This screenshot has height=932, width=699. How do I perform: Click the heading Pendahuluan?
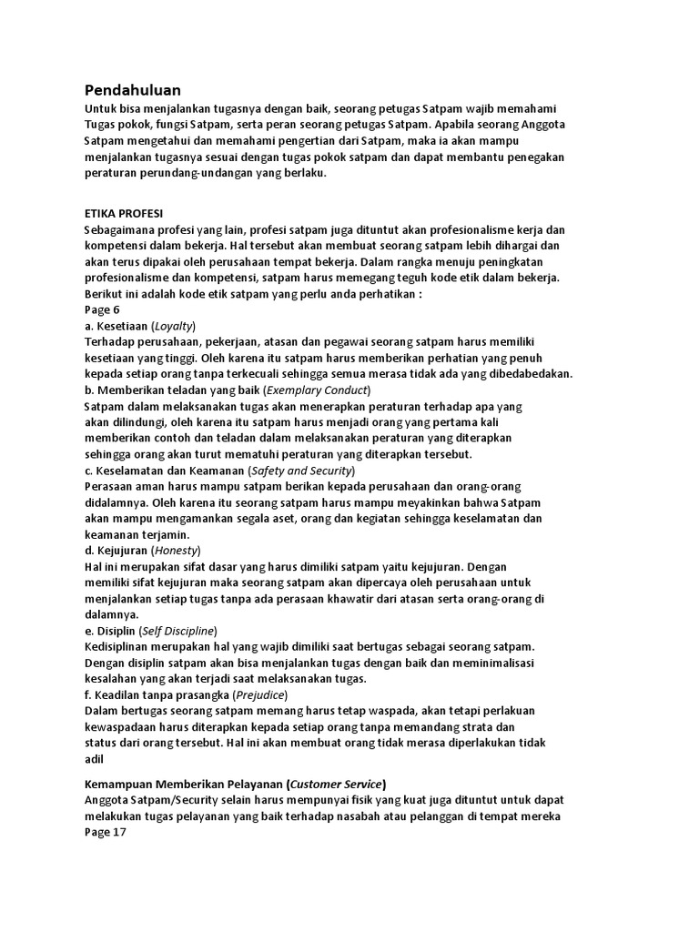click(x=132, y=90)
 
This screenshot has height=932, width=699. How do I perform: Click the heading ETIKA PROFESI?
click(x=123, y=213)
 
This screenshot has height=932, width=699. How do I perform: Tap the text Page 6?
click(x=102, y=310)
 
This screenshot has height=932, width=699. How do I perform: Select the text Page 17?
click(x=106, y=832)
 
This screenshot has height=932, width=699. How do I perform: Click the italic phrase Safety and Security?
click(x=302, y=471)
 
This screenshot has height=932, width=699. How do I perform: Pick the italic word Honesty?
click(x=175, y=551)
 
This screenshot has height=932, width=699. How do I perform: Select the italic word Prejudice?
click(x=258, y=695)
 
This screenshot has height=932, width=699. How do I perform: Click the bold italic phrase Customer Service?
click(x=336, y=784)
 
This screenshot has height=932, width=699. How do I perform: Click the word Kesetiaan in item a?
click(x=122, y=326)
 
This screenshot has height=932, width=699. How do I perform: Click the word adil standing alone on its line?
click(x=95, y=759)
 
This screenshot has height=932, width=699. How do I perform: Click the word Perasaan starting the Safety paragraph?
click(x=109, y=486)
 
